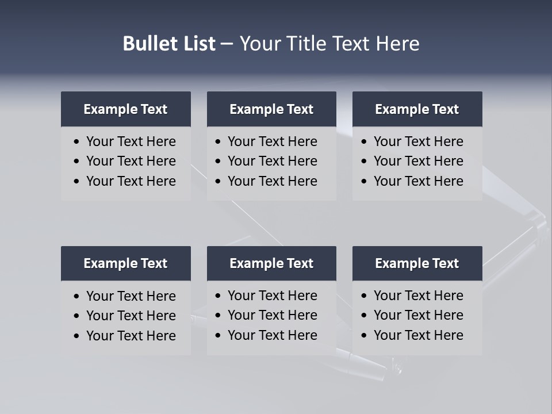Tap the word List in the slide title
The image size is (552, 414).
[x=197, y=44]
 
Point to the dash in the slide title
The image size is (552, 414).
[x=227, y=44]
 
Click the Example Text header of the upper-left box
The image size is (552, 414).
[x=125, y=109]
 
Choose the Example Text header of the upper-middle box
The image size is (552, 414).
[x=271, y=109]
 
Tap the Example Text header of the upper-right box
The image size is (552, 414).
[x=417, y=109]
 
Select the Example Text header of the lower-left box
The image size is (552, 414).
[x=125, y=263]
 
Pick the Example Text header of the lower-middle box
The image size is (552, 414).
[x=271, y=263]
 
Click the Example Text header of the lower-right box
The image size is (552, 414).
[x=417, y=263]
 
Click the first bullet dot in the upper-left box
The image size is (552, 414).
[x=77, y=142]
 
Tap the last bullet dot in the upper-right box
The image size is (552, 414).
[x=364, y=182]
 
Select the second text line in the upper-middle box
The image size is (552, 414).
[x=273, y=161]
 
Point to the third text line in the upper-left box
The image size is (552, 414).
[x=131, y=181]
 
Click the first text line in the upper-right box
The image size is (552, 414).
[x=419, y=141]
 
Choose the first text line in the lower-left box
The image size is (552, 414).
[x=131, y=296]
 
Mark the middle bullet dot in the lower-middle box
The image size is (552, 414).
[x=218, y=316]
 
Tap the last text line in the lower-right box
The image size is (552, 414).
[x=419, y=335]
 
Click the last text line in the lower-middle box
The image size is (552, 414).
[x=273, y=335]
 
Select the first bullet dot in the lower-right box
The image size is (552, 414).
[x=364, y=296]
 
